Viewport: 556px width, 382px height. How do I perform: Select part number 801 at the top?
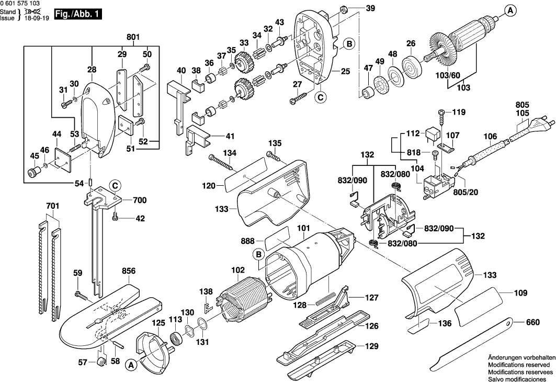pos(133,37)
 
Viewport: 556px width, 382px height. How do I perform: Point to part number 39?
pos(370,8)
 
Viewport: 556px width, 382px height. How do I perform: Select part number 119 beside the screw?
pos(459,112)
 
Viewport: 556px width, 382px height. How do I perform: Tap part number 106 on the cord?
pos(490,137)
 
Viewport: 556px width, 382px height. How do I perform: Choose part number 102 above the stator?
pos(238,271)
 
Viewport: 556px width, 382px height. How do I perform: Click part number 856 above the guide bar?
pos(129,271)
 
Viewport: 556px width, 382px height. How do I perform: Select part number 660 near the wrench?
pos(532,322)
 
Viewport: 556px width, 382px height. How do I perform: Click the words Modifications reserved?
pos(518,364)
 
